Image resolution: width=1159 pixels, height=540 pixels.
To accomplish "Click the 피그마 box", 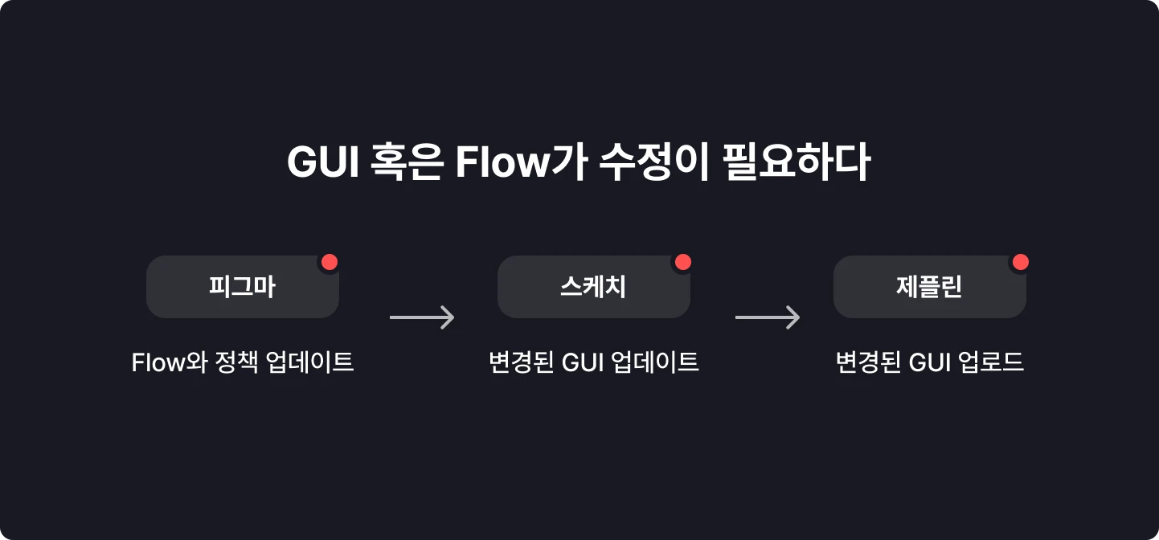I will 242,287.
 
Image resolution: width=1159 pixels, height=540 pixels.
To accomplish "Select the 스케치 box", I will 593,287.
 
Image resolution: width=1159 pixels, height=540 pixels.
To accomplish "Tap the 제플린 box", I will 929,287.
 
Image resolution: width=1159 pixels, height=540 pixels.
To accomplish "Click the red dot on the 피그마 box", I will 329,262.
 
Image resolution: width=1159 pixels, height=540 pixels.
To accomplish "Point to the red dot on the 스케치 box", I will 682,262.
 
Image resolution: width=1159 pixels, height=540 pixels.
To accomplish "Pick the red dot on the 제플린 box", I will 1020,262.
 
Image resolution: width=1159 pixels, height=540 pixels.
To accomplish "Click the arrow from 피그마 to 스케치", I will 422,318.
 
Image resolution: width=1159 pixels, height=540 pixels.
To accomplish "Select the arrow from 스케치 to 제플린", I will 768,318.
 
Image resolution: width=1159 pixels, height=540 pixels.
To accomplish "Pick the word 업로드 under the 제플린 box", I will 991,362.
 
